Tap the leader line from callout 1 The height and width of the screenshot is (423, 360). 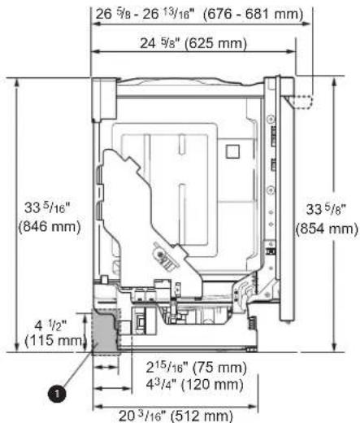pyautogui.click(x=80, y=369)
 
